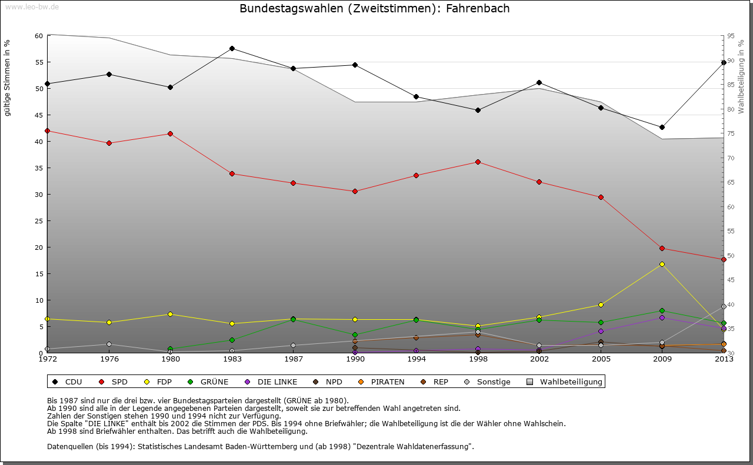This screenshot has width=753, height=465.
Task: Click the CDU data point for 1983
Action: pos(232,48)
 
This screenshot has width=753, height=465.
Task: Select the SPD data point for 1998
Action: pos(478,162)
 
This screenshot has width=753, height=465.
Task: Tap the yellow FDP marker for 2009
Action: pos(662,264)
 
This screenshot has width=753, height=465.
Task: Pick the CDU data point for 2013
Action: pos(724,62)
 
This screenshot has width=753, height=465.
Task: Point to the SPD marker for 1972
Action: pos(47,131)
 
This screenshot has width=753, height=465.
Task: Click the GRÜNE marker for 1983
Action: pos(232,340)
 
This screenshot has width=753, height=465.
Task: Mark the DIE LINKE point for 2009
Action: pos(662,317)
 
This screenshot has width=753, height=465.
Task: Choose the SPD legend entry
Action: pos(114,382)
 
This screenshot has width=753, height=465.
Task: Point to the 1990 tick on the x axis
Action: pos(355,359)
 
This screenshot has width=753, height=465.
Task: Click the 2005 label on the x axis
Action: pos(601,359)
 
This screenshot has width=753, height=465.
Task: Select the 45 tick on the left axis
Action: pos(39,115)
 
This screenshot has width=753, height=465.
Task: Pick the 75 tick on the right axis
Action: pos(731,134)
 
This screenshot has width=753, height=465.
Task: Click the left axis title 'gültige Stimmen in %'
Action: pos(7,78)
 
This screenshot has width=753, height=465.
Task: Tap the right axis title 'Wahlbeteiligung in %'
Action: pos(741,77)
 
